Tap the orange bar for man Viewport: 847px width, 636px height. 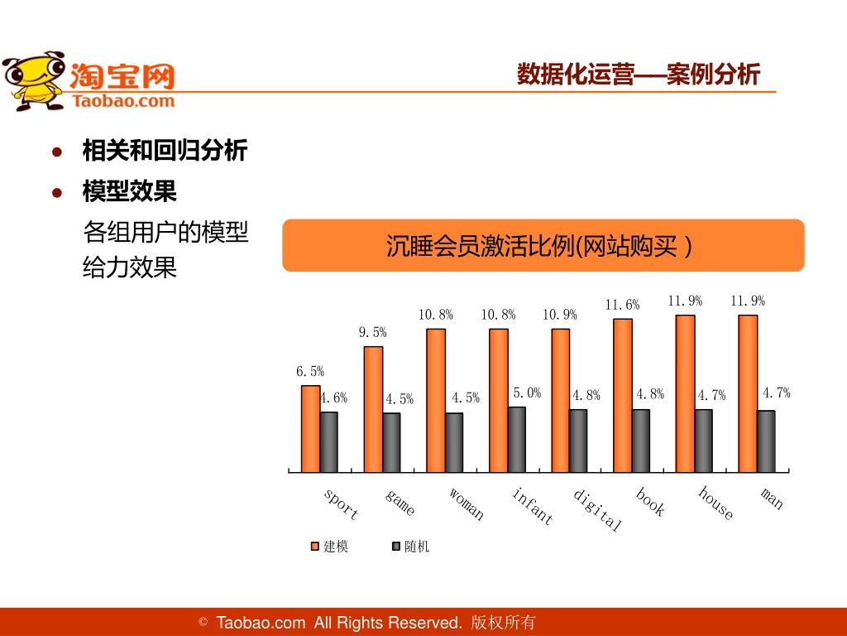pyautogui.click(x=748, y=393)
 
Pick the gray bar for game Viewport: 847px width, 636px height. pyautogui.click(x=391, y=441)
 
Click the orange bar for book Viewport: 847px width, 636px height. pyautogui.click(x=623, y=394)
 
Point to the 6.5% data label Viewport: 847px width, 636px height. pyautogui.click(x=310, y=372)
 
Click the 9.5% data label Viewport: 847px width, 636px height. pyautogui.click(x=372, y=332)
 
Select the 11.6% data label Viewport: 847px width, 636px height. pyautogui.click(x=622, y=305)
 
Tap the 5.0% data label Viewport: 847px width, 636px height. pyautogui.click(x=527, y=393)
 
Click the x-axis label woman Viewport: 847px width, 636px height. pyautogui.click(x=467, y=504)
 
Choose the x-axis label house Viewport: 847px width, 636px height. pyautogui.click(x=715, y=503)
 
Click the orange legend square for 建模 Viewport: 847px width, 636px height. pyautogui.click(x=314, y=547)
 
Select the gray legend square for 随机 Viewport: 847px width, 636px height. pyautogui.click(x=395, y=547)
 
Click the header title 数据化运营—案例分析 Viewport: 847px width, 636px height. pyautogui.click(x=638, y=75)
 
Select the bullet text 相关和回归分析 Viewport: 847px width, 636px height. pyautogui.click(x=165, y=151)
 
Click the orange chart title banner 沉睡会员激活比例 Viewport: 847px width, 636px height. pyautogui.click(x=543, y=246)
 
